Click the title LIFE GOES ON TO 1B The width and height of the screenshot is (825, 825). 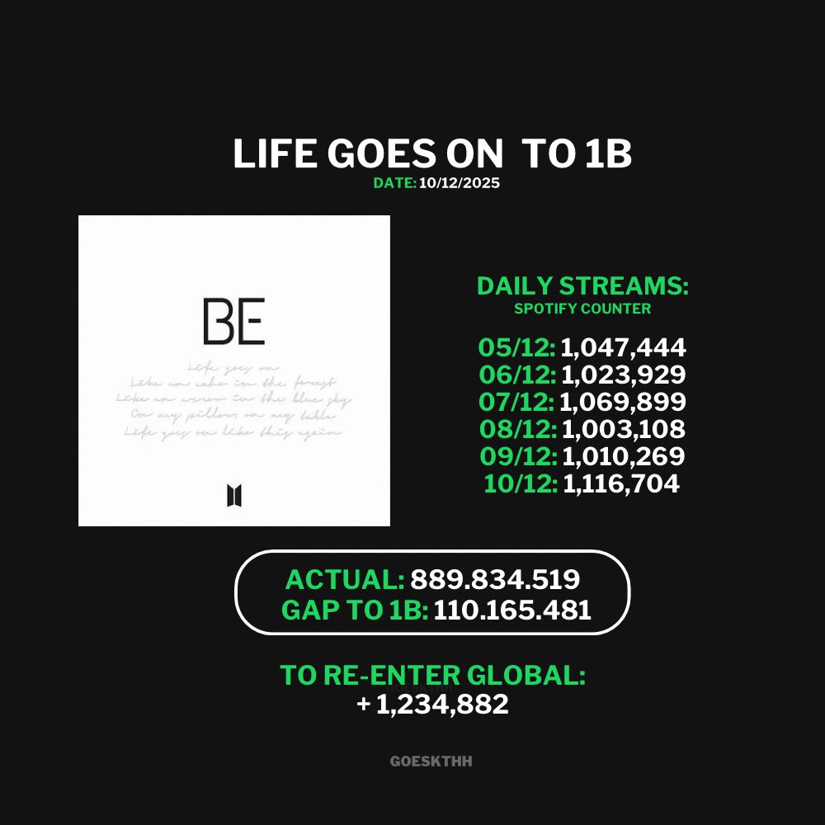tap(431, 154)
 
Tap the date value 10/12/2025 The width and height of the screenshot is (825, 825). tap(459, 183)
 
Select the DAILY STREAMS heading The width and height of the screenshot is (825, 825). tap(582, 287)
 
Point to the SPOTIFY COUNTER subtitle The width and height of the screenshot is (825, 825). tap(582, 309)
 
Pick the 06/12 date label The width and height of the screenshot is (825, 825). tap(517, 375)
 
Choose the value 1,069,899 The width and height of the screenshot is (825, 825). tap(622, 403)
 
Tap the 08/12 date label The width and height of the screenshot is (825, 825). tap(517, 430)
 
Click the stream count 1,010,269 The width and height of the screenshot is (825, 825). tap(623, 456)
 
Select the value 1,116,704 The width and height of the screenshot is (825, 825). tap(621, 483)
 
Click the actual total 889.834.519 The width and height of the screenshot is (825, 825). tap(495, 580)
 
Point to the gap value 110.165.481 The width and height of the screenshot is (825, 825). tap(512, 610)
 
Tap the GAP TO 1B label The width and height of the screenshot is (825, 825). tap(354, 610)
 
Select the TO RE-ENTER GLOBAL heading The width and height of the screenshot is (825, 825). tap(432, 675)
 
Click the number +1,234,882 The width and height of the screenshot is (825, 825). tap(433, 705)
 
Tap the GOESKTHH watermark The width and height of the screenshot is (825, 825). tap(431, 761)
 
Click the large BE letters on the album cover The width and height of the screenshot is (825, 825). tap(233, 323)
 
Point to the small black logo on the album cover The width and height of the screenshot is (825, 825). tap(233, 496)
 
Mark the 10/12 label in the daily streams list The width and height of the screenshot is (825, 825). tap(519, 483)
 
